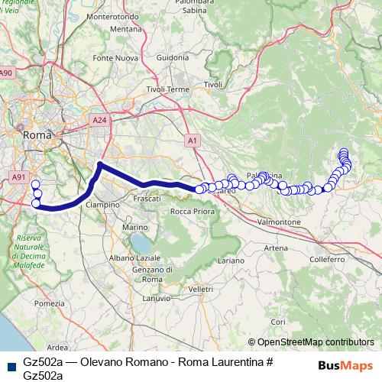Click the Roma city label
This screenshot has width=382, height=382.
click(x=37, y=135)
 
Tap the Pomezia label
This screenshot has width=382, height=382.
click(x=49, y=303)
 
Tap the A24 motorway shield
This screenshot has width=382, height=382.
click(x=99, y=120)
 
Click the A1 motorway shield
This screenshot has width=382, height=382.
click(x=193, y=141)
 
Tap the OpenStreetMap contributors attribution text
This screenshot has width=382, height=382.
click(x=315, y=343)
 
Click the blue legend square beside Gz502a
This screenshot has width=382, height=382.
click(x=10, y=361)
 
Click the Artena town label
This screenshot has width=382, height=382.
click(x=276, y=248)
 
